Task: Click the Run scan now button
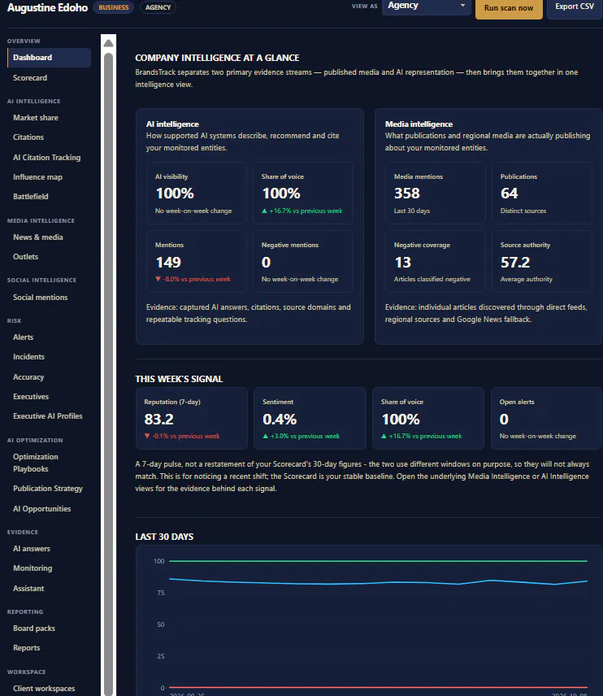(509, 8)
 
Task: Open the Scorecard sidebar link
(30, 78)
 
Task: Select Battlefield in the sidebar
(31, 196)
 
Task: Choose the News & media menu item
(37, 237)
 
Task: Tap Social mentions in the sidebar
(40, 298)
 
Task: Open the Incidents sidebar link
(28, 357)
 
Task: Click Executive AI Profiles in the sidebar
(47, 416)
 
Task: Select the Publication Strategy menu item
(48, 489)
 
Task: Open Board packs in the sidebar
(33, 628)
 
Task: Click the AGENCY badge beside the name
(158, 7)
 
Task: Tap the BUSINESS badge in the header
(114, 7)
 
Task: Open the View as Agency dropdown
(426, 7)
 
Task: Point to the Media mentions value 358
(407, 193)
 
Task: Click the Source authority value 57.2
(515, 263)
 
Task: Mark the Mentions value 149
(168, 263)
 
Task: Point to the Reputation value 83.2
(158, 419)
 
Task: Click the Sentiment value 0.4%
(280, 419)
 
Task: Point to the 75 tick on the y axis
(161, 593)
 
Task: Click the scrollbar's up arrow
(108, 43)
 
